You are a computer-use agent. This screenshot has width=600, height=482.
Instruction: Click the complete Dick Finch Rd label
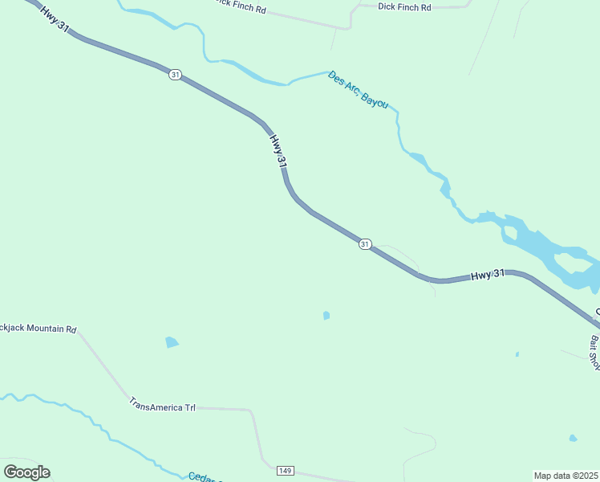pos(403,7)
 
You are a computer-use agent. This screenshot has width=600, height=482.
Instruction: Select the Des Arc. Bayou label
pos(359,90)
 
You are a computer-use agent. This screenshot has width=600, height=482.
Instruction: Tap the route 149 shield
pos(285,469)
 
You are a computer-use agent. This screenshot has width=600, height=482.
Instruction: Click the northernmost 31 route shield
pos(176,75)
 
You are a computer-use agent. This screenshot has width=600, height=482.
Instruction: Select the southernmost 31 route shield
pos(365,244)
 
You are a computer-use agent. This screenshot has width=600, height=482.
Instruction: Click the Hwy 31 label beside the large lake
pos(487,275)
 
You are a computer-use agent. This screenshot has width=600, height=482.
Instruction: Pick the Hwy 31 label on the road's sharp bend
pos(278,151)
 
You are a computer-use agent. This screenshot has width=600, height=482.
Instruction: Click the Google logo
pos(26,472)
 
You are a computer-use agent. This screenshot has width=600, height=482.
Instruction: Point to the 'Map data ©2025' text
pos(566,475)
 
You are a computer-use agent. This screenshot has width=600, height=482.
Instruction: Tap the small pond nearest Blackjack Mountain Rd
pos(171,342)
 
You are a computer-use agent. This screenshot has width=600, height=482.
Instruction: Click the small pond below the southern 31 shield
pos(326,316)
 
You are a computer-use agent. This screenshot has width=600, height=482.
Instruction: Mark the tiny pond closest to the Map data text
pos(572,438)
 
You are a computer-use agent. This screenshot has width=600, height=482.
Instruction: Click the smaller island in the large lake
pos(510,234)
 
